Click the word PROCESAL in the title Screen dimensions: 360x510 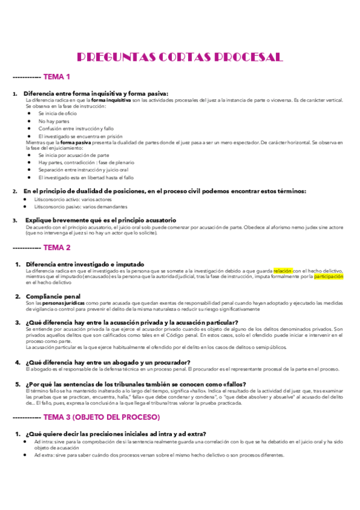[246, 58]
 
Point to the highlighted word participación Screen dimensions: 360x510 [328, 277]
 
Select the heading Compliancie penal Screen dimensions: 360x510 [53, 296]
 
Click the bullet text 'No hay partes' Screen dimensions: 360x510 [53, 121]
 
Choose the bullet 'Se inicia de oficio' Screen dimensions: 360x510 [58, 113]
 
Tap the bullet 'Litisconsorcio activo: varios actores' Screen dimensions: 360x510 [72, 198]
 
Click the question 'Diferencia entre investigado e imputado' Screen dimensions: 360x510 [85, 264]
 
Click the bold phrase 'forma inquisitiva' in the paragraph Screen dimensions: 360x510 [111, 100]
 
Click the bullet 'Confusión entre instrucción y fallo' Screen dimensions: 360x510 [76, 128]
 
